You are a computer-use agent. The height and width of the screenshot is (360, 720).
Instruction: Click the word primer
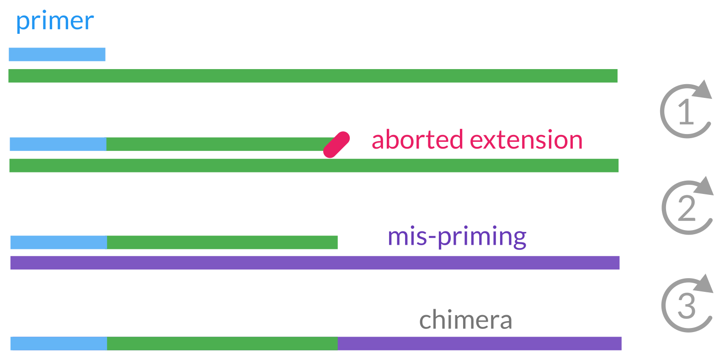(55, 21)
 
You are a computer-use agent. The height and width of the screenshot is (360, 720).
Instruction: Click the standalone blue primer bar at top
(57, 54)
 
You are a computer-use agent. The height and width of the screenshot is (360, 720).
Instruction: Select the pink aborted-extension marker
(336, 145)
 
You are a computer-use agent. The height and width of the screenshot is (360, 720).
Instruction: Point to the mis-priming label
(457, 237)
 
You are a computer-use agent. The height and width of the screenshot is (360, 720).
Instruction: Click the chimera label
(465, 320)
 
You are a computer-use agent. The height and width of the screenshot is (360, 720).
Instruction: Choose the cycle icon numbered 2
(687, 208)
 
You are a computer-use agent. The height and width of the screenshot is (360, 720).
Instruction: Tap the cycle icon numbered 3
(687, 305)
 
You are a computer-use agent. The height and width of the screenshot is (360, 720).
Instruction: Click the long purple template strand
(315, 263)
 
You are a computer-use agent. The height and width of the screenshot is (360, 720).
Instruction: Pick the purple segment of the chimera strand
(480, 344)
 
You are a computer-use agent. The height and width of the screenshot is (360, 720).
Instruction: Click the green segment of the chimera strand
(222, 344)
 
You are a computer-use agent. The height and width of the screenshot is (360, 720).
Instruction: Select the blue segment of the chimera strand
(59, 344)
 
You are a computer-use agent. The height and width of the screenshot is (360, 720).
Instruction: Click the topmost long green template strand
(313, 76)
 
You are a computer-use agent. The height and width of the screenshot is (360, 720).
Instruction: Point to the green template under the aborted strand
(314, 166)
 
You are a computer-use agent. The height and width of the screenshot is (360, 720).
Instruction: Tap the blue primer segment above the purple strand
(59, 242)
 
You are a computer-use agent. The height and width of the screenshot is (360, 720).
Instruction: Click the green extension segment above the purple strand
(222, 242)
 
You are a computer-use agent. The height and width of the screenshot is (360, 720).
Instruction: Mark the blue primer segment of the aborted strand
(58, 144)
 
